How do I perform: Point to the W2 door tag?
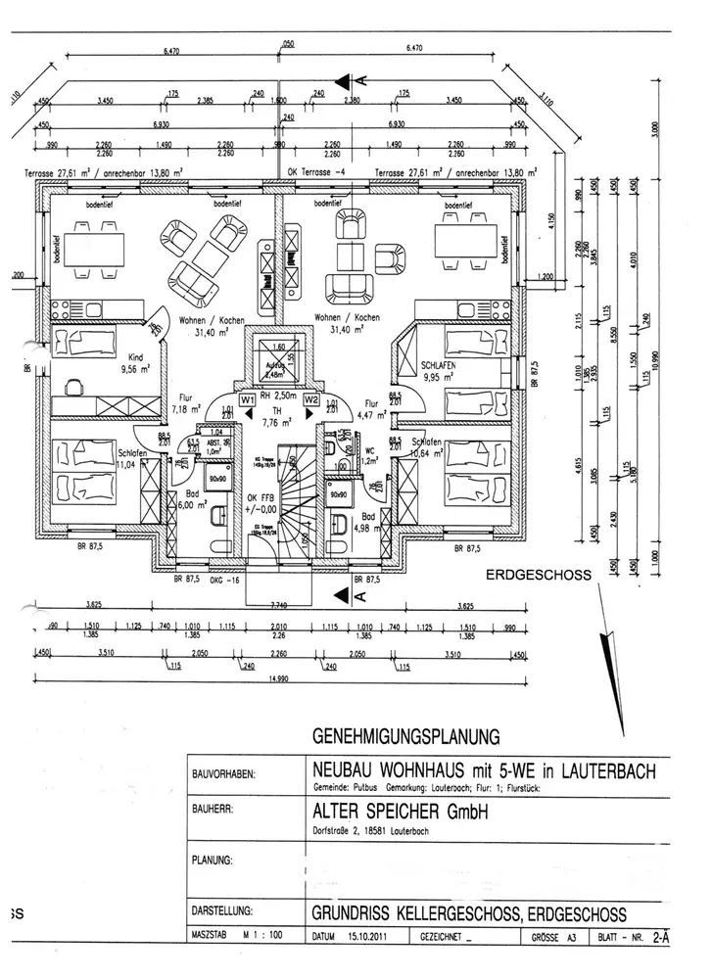[311, 399]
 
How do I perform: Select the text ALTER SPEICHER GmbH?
[399, 813]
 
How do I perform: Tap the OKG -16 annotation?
[228, 580]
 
